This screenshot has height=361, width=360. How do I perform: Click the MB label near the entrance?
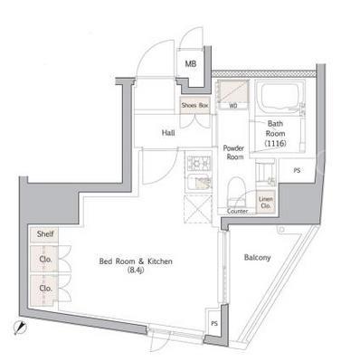click(191, 64)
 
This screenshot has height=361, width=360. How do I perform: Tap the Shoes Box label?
click(194, 106)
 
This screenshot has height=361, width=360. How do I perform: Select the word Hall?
click(168, 133)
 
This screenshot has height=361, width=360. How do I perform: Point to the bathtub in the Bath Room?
click(279, 96)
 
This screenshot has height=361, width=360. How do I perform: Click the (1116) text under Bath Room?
click(275, 144)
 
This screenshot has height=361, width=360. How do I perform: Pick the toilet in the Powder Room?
click(235, 191)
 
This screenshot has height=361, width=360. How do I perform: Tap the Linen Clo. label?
click(266, 203)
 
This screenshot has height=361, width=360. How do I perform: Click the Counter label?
click(237, 212)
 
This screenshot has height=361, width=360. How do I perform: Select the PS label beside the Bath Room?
click(297, 171)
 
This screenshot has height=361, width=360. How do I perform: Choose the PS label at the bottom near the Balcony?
click(214, 324)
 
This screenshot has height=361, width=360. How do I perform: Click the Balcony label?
click(257, 258)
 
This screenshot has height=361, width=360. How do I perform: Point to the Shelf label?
click(45, 233)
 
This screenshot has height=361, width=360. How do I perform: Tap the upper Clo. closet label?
click(45, 259)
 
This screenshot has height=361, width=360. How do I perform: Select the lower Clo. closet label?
click(45, 289)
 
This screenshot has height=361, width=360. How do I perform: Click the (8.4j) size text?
click(136, 271)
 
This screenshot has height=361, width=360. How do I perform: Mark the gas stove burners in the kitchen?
click(199, 163)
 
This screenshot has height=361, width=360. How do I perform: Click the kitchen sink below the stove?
click(199, 183)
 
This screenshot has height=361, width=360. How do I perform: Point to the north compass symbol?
click(21, 327)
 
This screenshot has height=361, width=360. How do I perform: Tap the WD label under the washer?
click(232, 106)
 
